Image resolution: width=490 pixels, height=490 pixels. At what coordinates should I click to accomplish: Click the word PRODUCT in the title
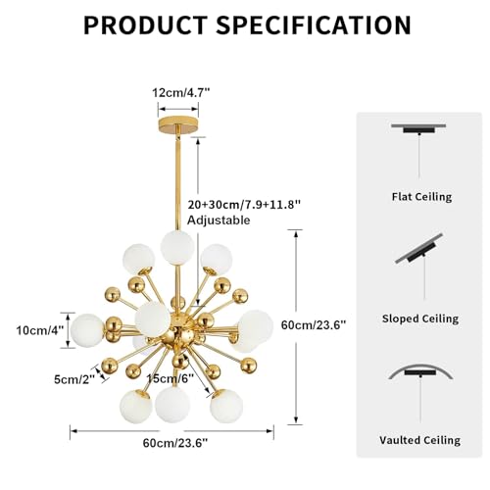(145, 25)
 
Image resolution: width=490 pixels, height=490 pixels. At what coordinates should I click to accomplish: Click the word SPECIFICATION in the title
(314, 25)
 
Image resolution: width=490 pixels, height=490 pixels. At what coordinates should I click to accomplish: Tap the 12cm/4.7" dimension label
(180, 93)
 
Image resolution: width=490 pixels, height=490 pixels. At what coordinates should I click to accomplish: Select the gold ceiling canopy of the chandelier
(178, 125)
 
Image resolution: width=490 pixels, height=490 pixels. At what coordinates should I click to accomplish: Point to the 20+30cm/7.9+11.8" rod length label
(244, 205)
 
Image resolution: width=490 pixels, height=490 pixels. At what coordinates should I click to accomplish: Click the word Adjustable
(219, 220)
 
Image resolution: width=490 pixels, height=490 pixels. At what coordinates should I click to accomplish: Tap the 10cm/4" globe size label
(40, 330)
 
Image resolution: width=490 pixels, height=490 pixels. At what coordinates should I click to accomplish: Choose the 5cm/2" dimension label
(74, 379)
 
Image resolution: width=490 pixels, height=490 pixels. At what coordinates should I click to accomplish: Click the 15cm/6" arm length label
(170, 378)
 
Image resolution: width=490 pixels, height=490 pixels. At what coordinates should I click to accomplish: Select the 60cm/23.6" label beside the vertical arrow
(314, 325)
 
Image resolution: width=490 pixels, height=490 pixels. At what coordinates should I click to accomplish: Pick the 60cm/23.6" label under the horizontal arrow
(175, 443)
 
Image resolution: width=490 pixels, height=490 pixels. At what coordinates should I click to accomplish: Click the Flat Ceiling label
(422, 197)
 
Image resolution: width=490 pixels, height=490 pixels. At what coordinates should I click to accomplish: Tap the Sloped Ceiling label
(420, 318)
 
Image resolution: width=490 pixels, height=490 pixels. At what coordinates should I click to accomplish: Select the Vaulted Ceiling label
(420, 440)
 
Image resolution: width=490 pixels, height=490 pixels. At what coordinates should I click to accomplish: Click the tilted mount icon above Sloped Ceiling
(419, 249)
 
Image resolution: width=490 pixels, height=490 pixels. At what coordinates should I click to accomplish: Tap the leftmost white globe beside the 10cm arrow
(86, 330)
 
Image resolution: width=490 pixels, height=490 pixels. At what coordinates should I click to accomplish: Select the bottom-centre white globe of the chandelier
(172, 405)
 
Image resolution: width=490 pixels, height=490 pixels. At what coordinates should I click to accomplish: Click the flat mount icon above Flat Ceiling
(419, 128)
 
